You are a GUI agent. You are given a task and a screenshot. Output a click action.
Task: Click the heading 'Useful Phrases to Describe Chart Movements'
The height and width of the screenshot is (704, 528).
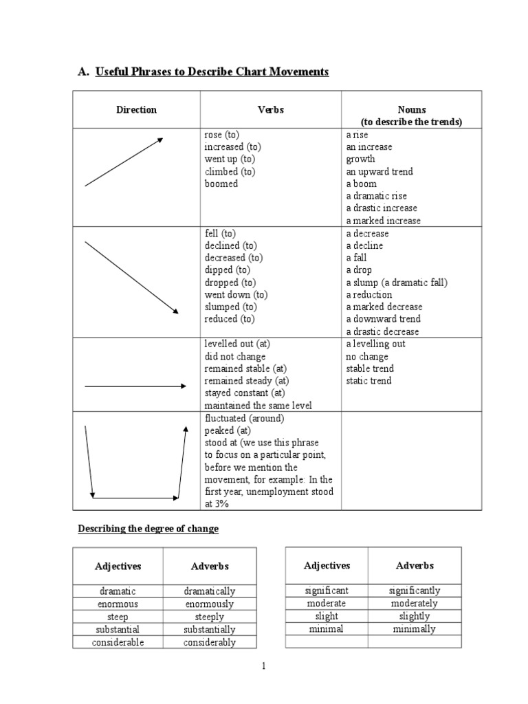point(212,71)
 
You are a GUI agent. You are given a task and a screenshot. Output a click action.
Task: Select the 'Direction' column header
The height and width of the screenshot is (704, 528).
point(136,110)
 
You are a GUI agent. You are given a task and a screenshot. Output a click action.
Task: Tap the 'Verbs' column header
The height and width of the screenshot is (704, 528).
point(270,110)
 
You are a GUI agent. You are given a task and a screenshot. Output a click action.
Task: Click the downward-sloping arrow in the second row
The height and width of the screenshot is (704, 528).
point(131,277)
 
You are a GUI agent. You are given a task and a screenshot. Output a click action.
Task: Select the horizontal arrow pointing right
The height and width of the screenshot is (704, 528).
point(135,386)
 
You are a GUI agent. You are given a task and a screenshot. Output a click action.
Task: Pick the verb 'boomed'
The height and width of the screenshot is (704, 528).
point(221,184)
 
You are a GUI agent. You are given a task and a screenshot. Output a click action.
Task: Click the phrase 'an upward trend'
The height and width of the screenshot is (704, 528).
point(379,172)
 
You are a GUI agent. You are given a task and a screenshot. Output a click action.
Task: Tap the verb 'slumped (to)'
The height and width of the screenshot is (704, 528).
point(230,307)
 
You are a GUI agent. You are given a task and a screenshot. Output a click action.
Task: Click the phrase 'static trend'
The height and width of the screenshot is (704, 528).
point(368,381)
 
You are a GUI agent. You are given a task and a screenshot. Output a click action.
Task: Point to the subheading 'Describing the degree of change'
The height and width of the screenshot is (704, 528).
point(148,529)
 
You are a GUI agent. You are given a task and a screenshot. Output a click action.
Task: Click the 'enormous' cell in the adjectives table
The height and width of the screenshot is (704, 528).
point(118,604)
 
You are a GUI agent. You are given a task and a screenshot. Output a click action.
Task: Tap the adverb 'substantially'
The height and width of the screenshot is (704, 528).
point(209,630)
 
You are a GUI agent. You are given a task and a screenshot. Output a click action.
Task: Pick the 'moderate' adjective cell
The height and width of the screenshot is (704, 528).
point(327,604)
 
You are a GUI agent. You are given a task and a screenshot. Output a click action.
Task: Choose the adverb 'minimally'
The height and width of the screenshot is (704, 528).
point(414,629)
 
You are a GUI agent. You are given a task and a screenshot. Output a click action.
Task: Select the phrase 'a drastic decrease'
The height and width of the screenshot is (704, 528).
point(382,331)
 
